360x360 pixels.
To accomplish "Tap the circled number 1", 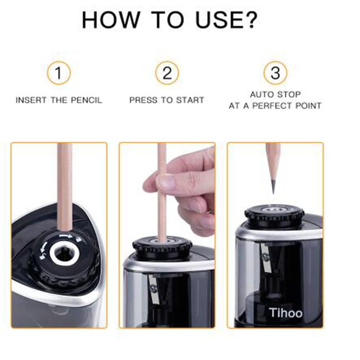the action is pyautogui.click(x=58, y=73).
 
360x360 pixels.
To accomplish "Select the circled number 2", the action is pyautogui.click(x=167, y=73).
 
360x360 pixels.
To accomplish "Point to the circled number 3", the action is pyautogui.click(x=275, y=73).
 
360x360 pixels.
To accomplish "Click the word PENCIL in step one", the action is pyautogui.click(x=86, y=100).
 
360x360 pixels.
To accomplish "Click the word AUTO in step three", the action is pyautogui.click(x=260, y=94).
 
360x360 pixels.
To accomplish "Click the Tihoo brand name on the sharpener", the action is pyautogui.click(x=286, y=313).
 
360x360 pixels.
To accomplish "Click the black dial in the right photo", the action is pyautogui.click(x=274, y=216).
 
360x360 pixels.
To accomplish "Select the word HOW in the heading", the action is pyautogui.click(x=111, y=20).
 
